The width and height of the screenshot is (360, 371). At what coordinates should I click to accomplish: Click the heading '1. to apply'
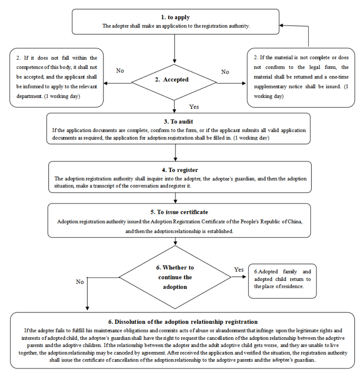(175, 17)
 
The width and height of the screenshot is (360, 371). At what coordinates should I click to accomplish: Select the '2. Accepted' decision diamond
(174, 82)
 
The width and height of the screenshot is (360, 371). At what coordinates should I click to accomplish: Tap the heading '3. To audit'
(178, 122)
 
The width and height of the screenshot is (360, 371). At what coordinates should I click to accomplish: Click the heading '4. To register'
(180, 170)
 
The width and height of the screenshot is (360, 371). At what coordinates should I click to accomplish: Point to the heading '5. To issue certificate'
(179, 212)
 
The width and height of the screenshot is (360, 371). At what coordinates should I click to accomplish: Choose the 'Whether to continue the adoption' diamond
(175, 277)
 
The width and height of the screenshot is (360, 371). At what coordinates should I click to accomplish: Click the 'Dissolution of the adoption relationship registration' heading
(183, 322)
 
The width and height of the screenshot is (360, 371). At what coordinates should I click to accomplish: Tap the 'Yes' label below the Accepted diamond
(194, 107)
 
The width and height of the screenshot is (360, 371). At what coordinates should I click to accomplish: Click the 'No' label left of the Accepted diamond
(120, 71)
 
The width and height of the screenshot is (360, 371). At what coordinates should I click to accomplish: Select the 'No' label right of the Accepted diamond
(225, 72)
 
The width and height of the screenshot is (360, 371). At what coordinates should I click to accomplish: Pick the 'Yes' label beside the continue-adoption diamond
(239, 270)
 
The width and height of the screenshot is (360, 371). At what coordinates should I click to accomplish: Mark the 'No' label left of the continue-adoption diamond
(80, 282)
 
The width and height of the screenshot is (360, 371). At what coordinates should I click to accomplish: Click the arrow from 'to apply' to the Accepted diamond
(175, 48)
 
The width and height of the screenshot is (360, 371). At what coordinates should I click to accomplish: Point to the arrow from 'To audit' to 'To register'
(175, 153)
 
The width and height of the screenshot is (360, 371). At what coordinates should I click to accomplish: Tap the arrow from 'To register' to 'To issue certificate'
(175, 198)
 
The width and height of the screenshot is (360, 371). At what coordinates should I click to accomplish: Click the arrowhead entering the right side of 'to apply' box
(281, 25)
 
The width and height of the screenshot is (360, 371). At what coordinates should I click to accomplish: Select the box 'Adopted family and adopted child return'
(282, 281)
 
